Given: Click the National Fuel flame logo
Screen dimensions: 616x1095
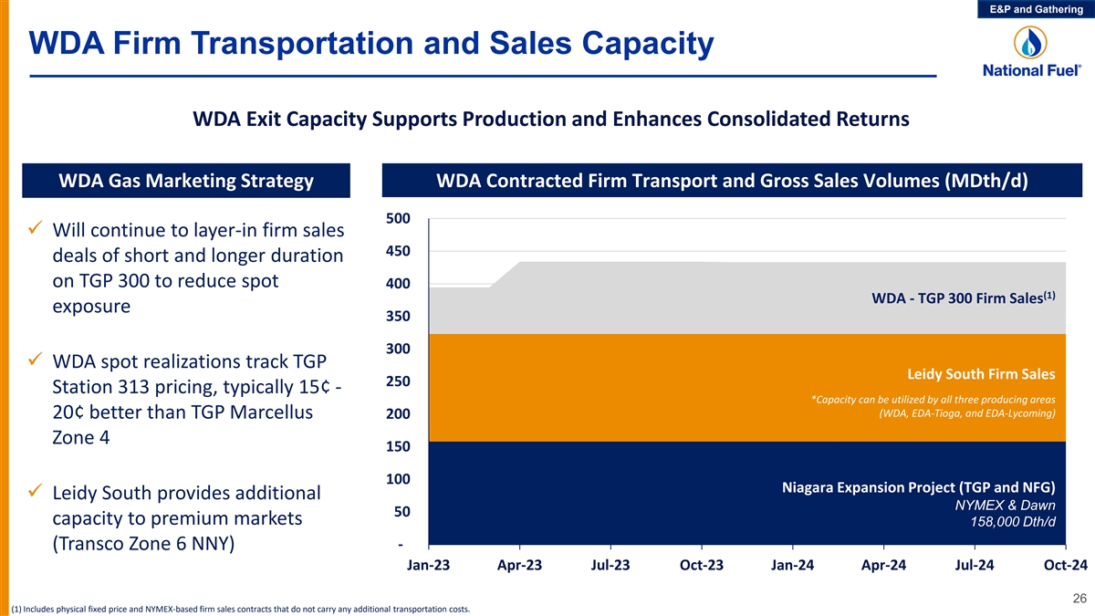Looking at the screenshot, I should [x=1031, y=43].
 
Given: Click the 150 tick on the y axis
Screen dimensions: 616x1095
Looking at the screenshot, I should [x=399, y=446].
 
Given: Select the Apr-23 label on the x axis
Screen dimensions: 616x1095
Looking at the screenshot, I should [x=519, y=565].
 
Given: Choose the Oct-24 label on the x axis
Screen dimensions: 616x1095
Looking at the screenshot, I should [x=1065, y=565].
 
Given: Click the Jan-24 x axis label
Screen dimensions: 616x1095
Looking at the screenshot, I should [x=792, y=565].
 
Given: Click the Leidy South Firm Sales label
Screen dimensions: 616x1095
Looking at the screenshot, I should [x=981, y=374].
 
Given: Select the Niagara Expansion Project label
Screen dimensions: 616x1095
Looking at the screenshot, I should [x=918, y=486].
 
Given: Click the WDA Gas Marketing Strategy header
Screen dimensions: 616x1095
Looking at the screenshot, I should [x=186, y=181].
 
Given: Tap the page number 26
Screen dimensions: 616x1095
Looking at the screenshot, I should [x=1079, y=599].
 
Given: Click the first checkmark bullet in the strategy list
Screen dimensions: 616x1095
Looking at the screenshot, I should [x=36, y=227].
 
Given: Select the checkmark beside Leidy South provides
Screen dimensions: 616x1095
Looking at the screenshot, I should [x=36, y=492].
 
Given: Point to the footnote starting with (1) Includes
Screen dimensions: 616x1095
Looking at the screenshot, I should [x=239, y=609].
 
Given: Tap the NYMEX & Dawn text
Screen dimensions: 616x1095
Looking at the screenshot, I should [x=1005, y=505].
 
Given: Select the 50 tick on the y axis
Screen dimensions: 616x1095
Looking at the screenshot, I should [x=401, y=511].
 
